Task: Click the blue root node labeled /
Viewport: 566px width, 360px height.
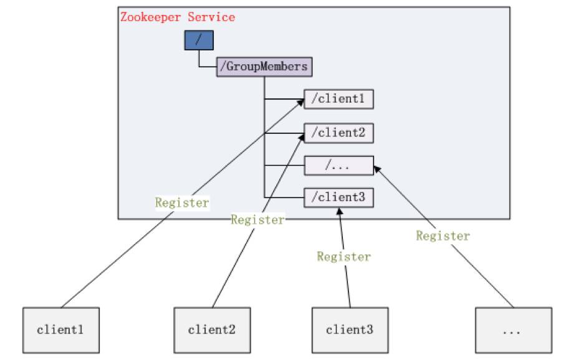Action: pyautogui.click(x=199, y=40)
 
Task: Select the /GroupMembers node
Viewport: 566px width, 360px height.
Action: pyautogui.click(x=263, y=66)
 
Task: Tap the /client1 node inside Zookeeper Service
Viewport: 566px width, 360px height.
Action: pyautogui.click(x=338, y=99)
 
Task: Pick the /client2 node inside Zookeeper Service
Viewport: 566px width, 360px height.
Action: pyautogui.click(x=338, y=132)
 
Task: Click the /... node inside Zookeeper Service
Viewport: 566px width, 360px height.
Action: pyautogui.click(x=338, y=165)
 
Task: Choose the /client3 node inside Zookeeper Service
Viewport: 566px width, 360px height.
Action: pyautogui.click(x=338, y=197)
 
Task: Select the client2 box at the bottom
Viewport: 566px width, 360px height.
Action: pyautogui.click(x=212, y=329)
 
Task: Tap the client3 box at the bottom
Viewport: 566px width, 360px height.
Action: pyautogui.click(x=350, y=329)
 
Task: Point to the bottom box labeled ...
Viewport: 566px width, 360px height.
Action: pyautogui.click(x=513, y=329)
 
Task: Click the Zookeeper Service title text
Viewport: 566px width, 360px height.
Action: pyautogui.click(x=178, y=17)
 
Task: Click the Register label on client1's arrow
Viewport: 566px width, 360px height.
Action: pyautogui.click(x=182, y=202)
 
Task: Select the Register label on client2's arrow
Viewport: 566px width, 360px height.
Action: pyautogui.click(x=257, y=219)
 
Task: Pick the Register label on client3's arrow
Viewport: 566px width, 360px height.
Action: pyautogui.click(x=343, y=256)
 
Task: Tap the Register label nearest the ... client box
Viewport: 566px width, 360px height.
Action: pyautogui.click(x=443, y=235)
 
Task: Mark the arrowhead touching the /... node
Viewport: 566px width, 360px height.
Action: pyautogui.click(x=375, y=168)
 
